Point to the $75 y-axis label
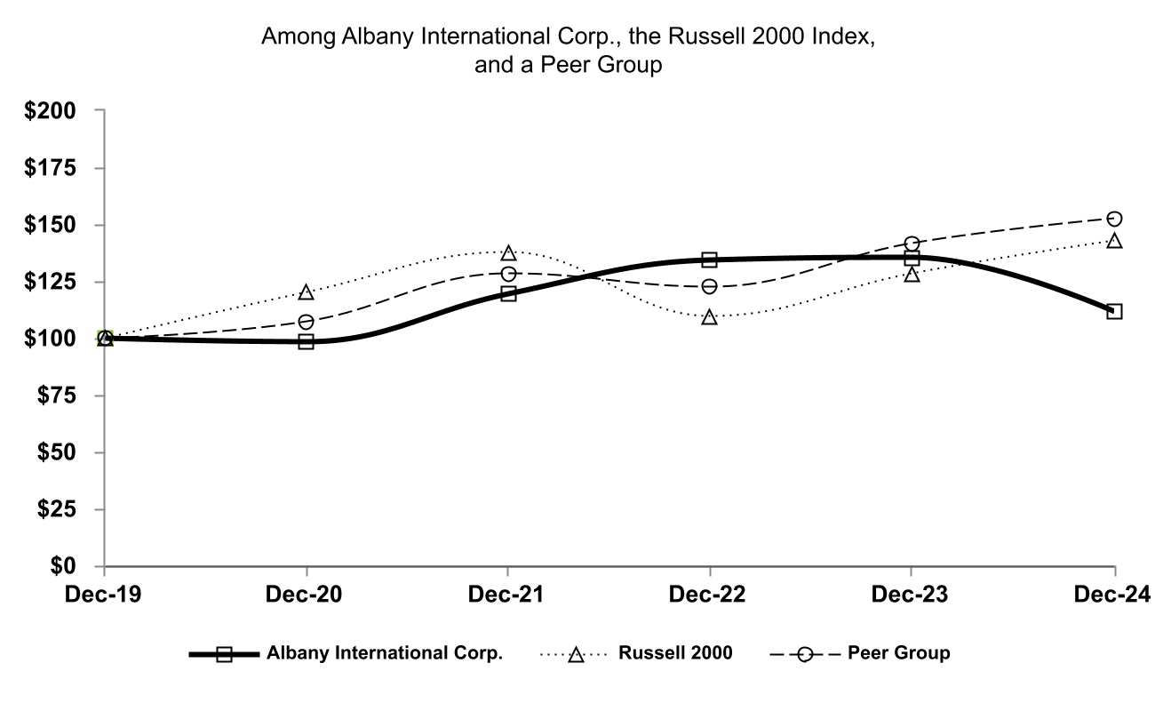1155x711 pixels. (55, 395)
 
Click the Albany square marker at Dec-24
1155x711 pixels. (1114, 311)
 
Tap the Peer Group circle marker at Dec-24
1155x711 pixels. (1114, 219)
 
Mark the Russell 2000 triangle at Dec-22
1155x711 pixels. (709, 317)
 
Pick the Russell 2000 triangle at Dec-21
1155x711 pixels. (508, 253)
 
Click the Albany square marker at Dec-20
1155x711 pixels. (307, 341)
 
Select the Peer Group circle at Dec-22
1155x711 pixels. (709, 286)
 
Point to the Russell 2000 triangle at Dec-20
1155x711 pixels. (307, 292)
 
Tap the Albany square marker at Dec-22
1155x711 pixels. (709, 260)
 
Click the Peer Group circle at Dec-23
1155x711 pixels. (912, 244)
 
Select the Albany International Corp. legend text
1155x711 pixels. (385, 653)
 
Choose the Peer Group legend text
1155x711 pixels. (898, 653)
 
